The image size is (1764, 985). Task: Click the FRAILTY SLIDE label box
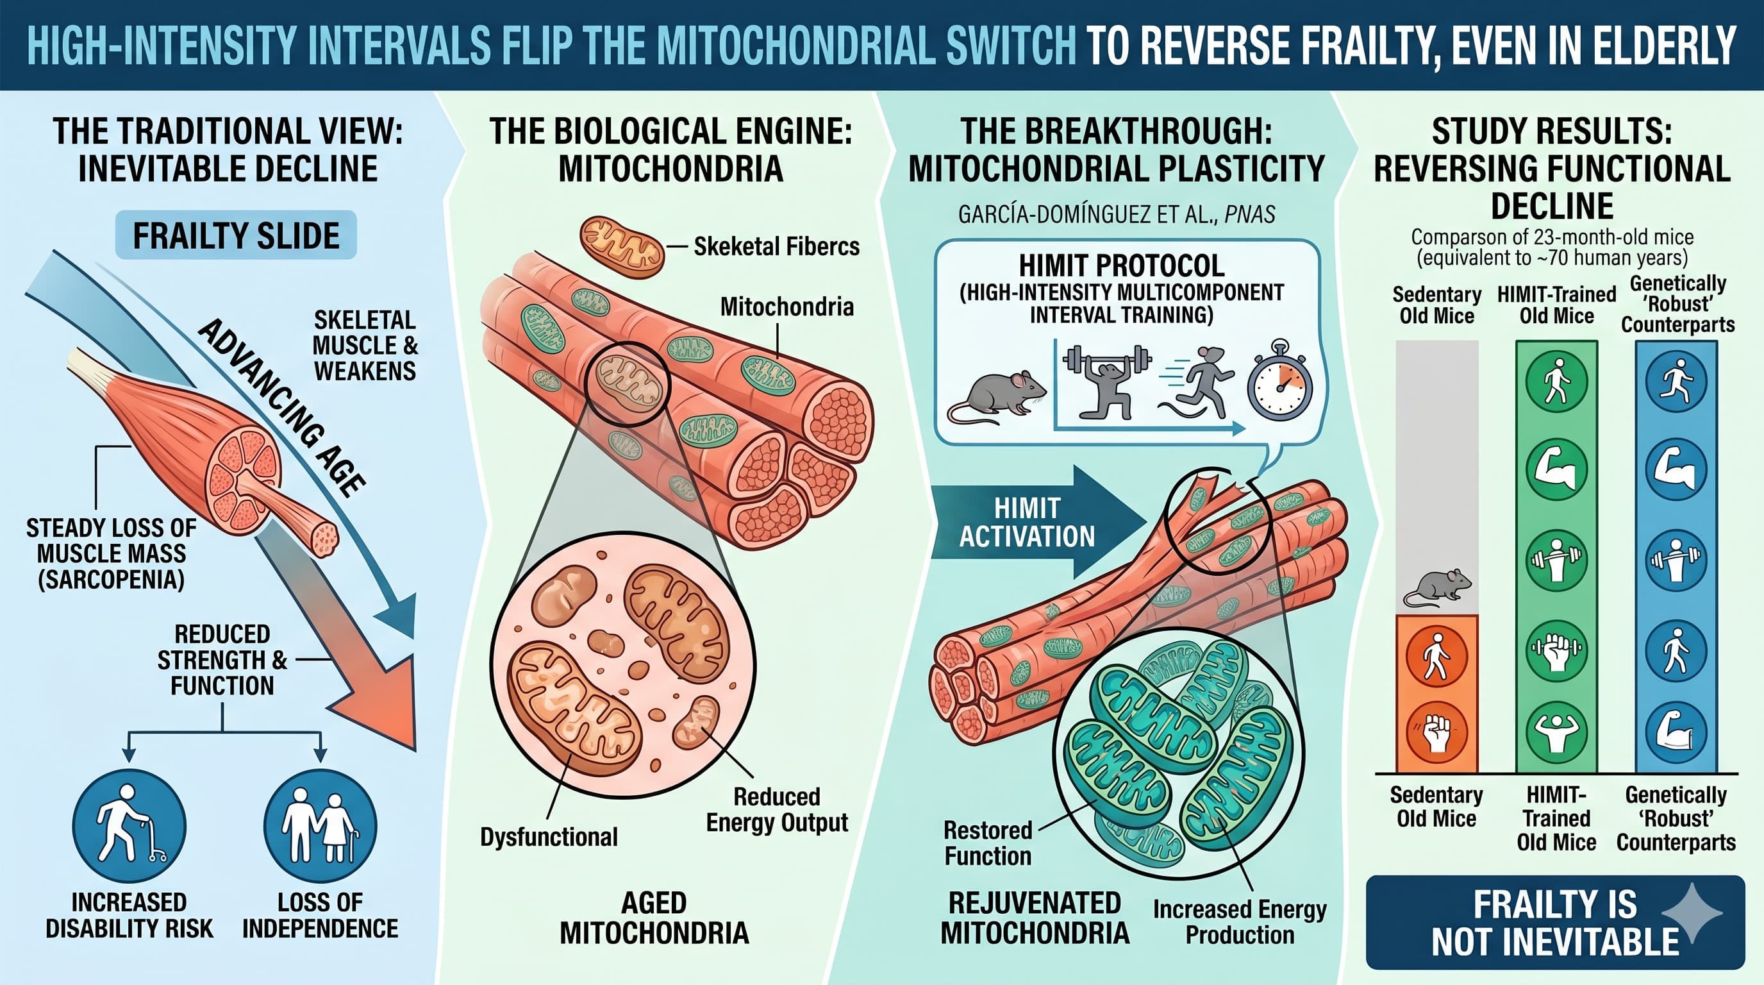pos(236,235)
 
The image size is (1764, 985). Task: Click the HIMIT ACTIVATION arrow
pos(1034,522)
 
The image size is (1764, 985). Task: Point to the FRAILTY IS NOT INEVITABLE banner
pos(1554,922)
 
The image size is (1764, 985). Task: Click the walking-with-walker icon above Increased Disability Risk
pos(129,825)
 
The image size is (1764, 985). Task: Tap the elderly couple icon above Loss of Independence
pos(320,825)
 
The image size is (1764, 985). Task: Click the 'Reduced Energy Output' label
pos(776,809)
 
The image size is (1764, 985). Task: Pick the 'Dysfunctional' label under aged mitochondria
pos(549,836)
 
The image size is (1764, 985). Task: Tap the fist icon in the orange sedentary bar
pos(1436,731)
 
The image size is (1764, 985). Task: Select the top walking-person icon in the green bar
pos(1556,381)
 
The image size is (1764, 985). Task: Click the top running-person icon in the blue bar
pos(1676,381)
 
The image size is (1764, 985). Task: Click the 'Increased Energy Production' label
pos(1240,922)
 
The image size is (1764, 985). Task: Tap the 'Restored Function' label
pos(988,843)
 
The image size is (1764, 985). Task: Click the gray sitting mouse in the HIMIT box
pos(996,396)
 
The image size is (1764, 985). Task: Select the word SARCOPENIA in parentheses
pos(111,580)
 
